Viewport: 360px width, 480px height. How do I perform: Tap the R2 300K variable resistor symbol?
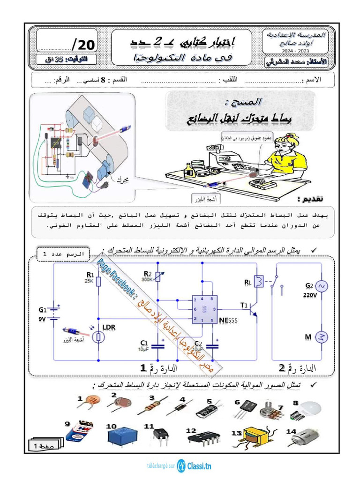pyautogui.click(x=157, y=278)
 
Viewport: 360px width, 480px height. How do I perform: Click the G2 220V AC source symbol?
pyautogui.click(x=322, y=286)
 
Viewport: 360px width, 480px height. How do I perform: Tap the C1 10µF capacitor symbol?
pyautogui.click(x=158, y=346)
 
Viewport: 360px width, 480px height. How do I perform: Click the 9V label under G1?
pyautogui.click(x=42, y=319)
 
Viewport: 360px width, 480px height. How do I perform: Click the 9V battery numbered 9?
pyautogui.click(x=81, y=431)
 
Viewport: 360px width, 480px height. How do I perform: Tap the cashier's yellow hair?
pyautogui.click(x=286, y=139)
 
